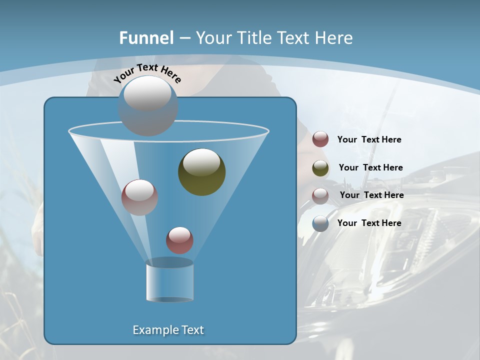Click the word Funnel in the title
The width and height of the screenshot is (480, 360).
coord(146,38)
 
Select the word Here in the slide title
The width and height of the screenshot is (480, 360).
coord(335,38)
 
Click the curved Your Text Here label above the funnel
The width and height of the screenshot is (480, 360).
coord(147,73)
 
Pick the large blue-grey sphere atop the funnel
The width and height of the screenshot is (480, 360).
coord(148,105)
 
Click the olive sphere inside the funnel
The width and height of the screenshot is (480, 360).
coord(202,172)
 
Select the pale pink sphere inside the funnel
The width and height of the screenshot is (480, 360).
coord(139,197)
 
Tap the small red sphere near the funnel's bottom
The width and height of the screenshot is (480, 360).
coord(179,240)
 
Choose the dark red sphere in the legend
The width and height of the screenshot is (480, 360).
coord(320,139)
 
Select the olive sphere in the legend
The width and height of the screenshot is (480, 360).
coord(320,168)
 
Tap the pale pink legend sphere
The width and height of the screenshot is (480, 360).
coord(320,196)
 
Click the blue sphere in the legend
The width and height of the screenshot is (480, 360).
coord(320,223)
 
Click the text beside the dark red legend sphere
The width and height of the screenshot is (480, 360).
coord(369,139)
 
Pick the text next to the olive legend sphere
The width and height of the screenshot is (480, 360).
coord(370,167)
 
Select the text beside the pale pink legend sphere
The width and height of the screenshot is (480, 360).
coord(371,195)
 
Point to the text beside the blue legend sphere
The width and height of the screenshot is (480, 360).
coord(369,223)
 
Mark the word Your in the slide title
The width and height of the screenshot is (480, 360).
coord(213,38)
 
